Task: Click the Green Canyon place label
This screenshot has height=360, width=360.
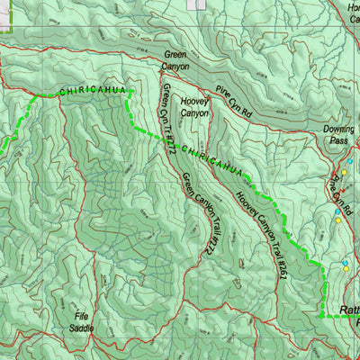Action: (176, 60)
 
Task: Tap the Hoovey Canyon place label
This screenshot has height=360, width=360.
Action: (194, 108)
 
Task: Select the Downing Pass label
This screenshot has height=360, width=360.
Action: (337, 135)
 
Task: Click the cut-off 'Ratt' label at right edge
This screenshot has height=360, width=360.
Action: (349, 310)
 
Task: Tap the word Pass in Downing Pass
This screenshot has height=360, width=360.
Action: (337, 141)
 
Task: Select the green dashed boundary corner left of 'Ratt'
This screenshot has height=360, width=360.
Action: (321, 316)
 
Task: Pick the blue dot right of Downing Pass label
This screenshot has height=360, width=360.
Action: (350, 163)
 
